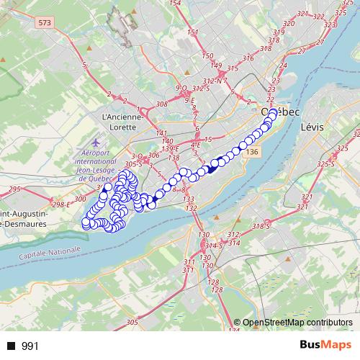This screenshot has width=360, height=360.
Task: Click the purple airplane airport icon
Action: pyautogui.click(x=97, y=141)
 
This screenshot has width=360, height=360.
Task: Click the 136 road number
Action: pyautogui.click(x=251, y=152)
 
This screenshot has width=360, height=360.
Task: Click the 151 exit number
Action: pyautogui.click(x=192, y=32)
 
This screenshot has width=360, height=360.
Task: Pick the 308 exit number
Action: pyautogui.click(x=161, y=104)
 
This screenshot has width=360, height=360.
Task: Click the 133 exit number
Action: pyautogui.click(x=189, y=199)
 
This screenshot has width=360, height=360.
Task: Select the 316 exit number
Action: pyautogui.click(x=249, y=58)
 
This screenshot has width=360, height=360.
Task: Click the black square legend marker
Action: pyautogui.click(x=11, y=346)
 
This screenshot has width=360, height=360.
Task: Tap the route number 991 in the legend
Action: pyautogui.click(x=31, y=346)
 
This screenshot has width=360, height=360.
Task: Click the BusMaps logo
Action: pyautogui.click(x=325, y=346)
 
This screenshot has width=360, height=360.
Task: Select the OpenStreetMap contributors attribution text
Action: pyautogui.click(x=297, y=323)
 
